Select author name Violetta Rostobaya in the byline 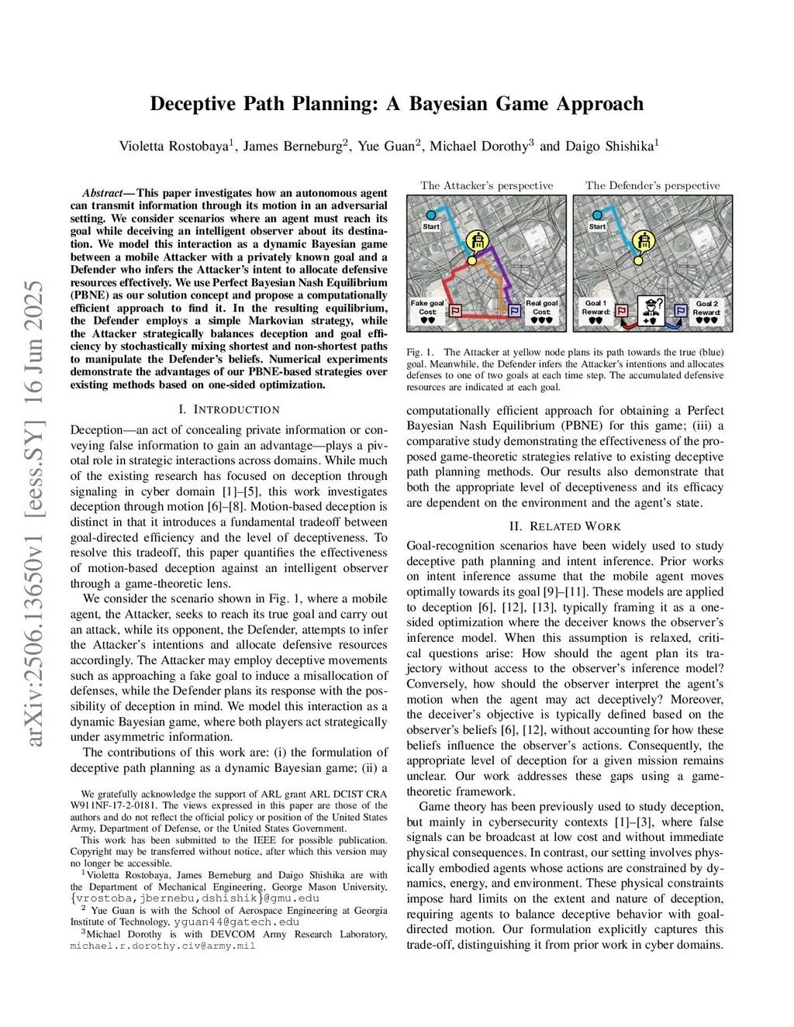[x=174, y=146]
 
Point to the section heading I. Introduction [x=229, y=409]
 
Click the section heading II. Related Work [x=564, y=526]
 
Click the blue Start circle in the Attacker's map [x=431, y=215]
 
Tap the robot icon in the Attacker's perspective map [x=479, y=240]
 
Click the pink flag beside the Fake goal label [x=456, y=311]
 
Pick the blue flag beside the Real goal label [x=514, y=311]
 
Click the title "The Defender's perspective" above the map [x=652, y=185]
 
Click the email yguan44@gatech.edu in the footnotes [x=236, y=922]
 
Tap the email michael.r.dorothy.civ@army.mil [x=163, y=946]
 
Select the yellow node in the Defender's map [x=638, y=261]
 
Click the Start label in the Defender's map [x=597, y=226]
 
